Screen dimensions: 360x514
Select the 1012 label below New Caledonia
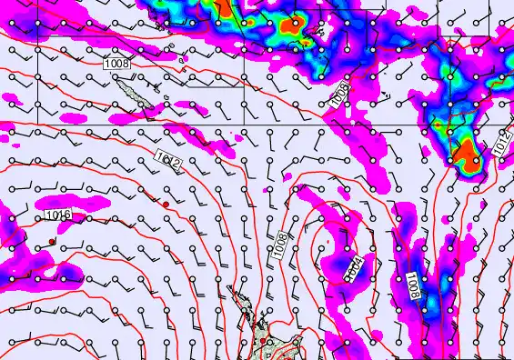(x=169, y=163)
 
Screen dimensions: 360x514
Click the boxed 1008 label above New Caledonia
(x=117, y=64)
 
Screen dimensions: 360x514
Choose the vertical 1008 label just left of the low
(x=282, y=243)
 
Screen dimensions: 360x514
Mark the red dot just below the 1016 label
(x=52, y=242)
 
